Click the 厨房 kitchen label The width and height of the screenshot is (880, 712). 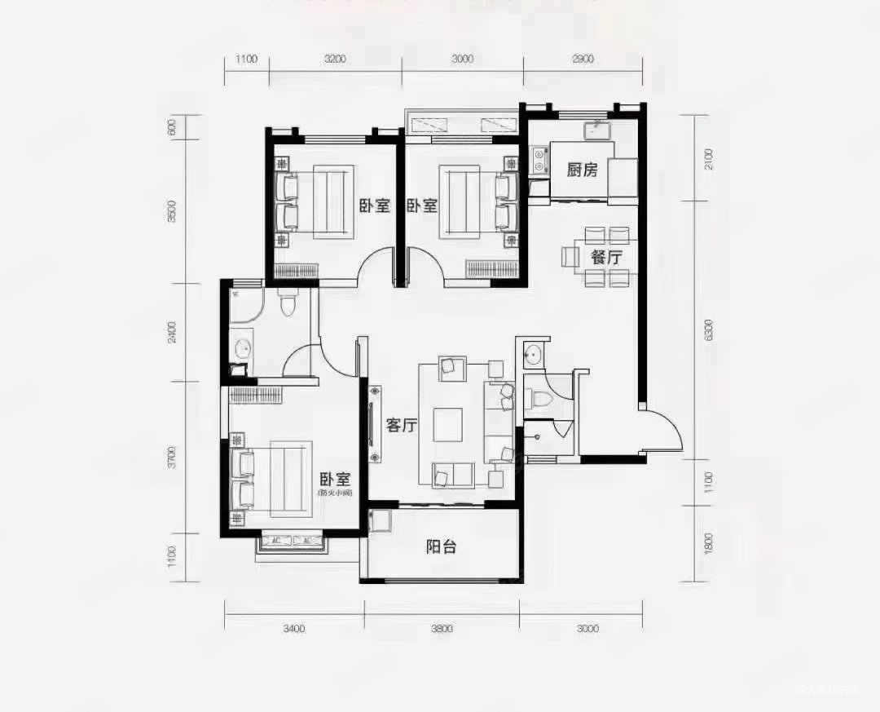pos(583,170)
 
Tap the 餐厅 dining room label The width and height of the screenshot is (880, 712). pos(605,257)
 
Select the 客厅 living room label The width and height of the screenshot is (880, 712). pos(401,425)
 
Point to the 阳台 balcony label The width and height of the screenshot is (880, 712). pos(441,546)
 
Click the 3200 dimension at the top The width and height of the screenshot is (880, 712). pos(335,59)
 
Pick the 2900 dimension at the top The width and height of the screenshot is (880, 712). pos(583,59)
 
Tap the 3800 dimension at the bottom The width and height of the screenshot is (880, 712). pos(441,628)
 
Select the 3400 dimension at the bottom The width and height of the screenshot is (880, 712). pos(293,628)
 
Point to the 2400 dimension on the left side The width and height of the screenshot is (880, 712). pos(172,333)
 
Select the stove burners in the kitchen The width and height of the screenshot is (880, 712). pos(538,161)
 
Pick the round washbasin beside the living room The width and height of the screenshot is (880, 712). pos(534,355)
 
